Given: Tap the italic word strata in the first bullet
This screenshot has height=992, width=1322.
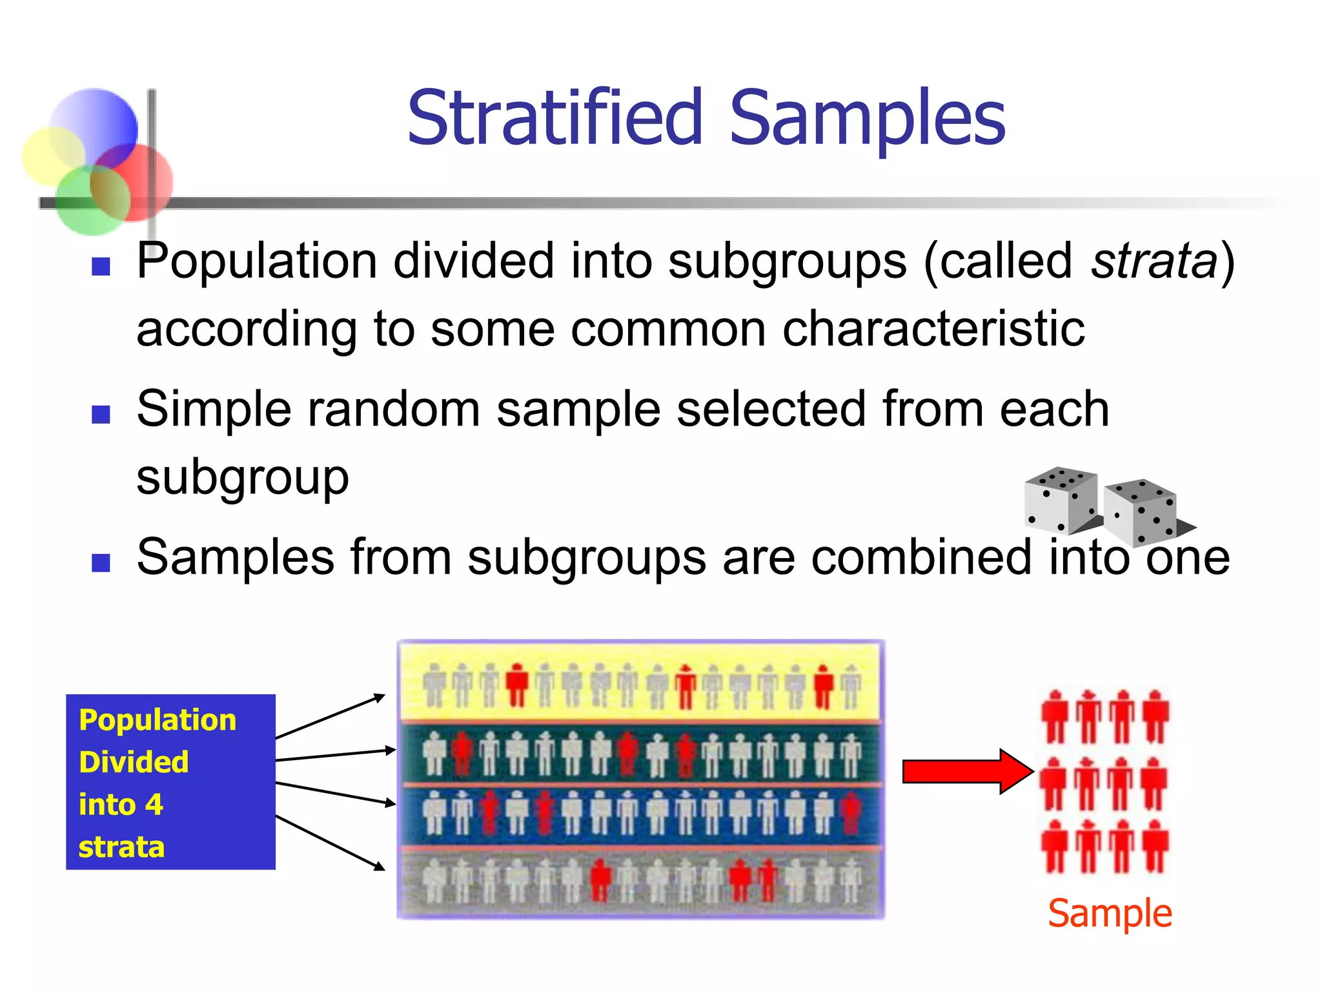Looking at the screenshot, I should click(x=1154, y=262).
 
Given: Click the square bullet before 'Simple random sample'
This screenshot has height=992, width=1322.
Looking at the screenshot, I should click(x=101, y=414).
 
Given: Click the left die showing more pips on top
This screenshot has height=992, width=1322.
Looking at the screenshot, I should click(x=1061, y=499).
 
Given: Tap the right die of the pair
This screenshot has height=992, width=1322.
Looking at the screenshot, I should click(x=1141, y=512).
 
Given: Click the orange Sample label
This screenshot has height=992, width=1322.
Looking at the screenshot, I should click(x=1109, y=914).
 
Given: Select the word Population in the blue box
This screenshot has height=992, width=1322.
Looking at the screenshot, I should click(x=158, y=720).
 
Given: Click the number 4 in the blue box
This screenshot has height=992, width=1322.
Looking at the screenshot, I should click(x=154, y=805).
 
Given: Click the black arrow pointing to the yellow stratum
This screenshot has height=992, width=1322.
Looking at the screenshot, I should click(x=330, y=716).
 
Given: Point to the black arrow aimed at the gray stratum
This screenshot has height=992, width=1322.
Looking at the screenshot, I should click(x=330, y=843).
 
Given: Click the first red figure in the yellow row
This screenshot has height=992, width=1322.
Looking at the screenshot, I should click(x=516, y=686).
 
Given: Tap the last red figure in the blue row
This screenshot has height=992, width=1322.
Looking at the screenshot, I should click(x=851, y=813).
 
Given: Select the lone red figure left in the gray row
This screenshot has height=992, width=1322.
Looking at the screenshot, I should click(x=600, y=880).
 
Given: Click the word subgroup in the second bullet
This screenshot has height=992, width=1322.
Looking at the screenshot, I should click(x=243, y=478).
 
